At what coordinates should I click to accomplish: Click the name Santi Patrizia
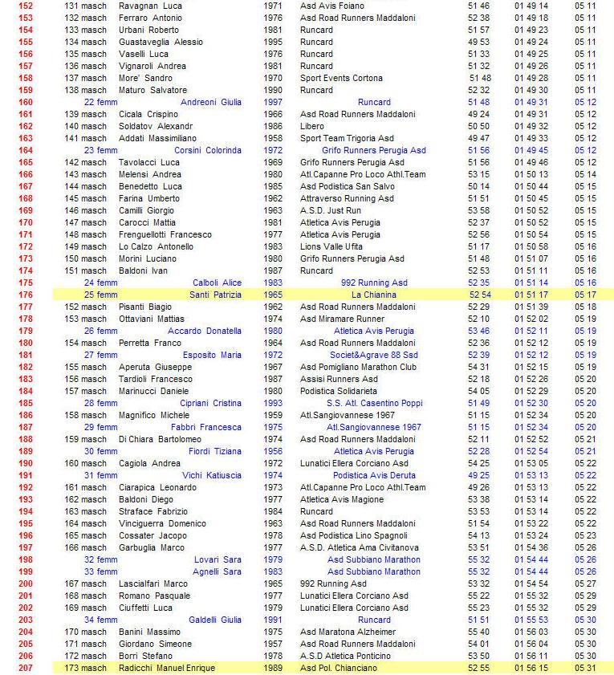point(215,295)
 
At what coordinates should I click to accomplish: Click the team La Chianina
point(374,295)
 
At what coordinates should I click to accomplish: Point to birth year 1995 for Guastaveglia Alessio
point(273,42)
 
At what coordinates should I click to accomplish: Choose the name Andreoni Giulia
point(211,102)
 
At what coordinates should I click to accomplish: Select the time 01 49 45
point(531,150)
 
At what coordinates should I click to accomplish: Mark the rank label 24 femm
point(100,283)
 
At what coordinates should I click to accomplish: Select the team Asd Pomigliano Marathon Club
point(359,367)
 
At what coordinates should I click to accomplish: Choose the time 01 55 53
point(531,620)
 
